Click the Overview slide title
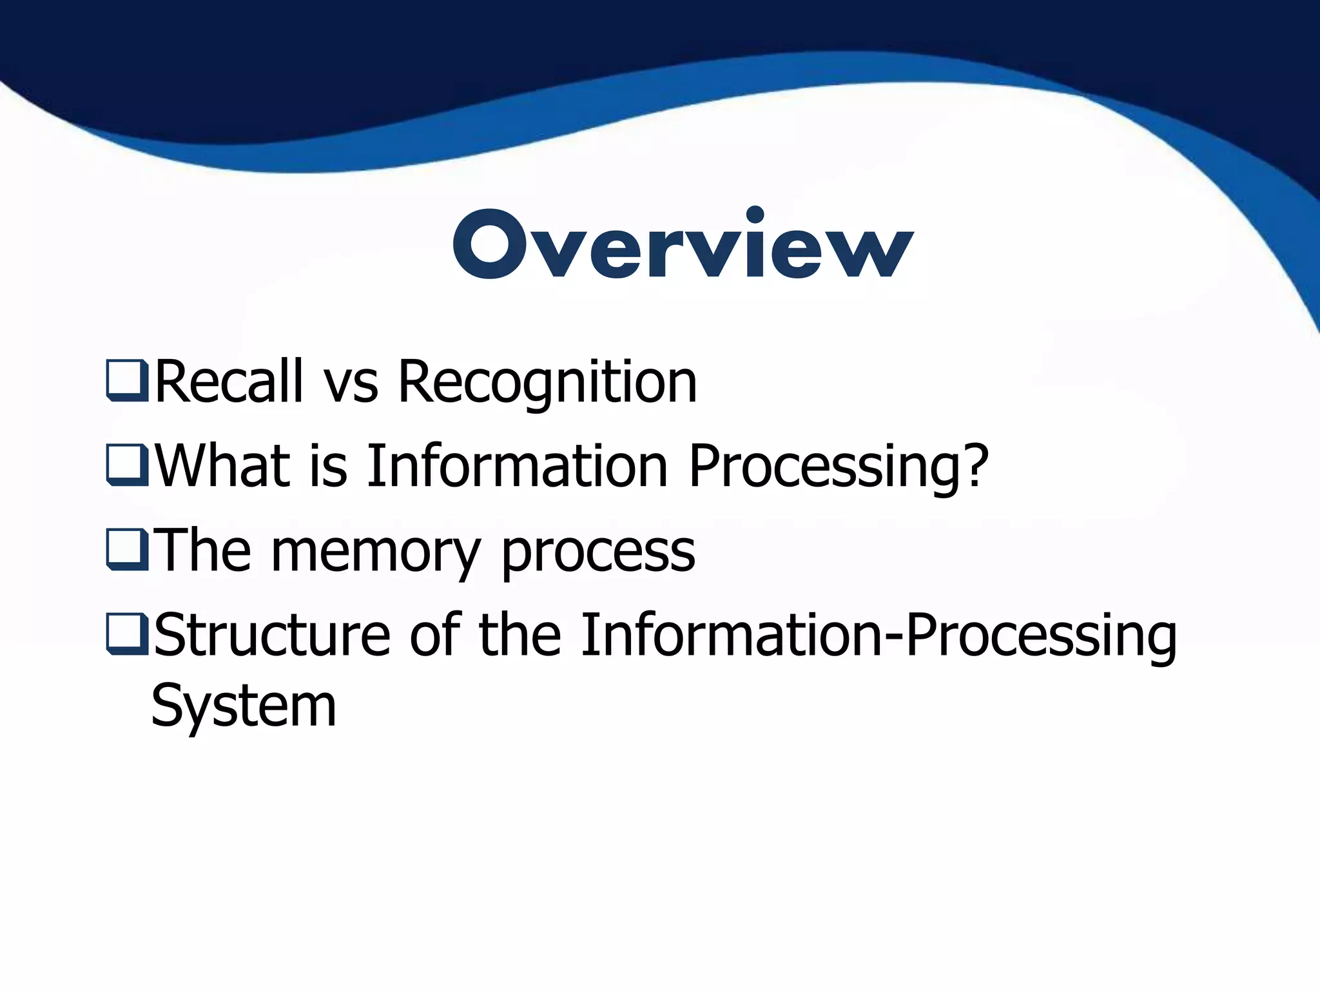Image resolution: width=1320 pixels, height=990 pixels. point(683,245)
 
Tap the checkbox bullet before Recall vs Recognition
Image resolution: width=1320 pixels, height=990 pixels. point(127,381)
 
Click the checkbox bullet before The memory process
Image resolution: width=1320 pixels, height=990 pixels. point(127,550)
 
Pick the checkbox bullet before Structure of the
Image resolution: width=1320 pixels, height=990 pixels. point(127,634)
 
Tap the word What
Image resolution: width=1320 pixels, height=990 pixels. point(222,466)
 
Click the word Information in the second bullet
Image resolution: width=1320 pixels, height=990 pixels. point(517,466)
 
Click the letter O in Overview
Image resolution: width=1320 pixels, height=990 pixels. point(489,246)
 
